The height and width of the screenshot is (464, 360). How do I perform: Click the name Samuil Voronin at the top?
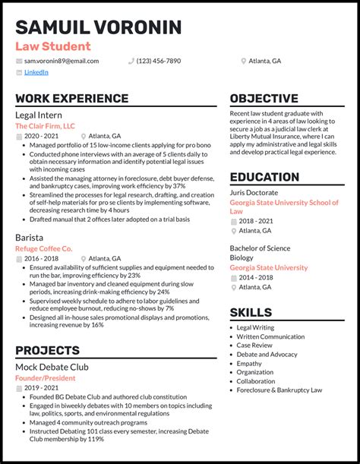click(98, 27)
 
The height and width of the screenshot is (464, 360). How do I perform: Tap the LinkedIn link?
click(36, 73)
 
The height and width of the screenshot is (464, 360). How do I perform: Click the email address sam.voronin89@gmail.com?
click(61, 61)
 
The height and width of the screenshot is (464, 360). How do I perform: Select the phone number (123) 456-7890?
click(159, 61)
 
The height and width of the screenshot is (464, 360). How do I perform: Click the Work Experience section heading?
click(71, 99)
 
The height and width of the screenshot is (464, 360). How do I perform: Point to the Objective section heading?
click(264, 99)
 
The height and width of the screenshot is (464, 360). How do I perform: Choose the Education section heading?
click(264, 177)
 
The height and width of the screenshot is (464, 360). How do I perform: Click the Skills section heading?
click(251, 312)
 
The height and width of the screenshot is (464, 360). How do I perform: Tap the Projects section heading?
click(47, 350)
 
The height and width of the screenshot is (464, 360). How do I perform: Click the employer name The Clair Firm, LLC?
click(45, 125)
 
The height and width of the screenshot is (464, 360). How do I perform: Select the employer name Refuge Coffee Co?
click(43, 248)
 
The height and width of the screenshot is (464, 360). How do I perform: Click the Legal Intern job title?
click(39, 114)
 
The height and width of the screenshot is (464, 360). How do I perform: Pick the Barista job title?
click(30, 237)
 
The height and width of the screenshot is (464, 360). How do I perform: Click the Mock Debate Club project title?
click(52, 366)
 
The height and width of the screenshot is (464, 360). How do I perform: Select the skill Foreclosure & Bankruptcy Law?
click(279, 390)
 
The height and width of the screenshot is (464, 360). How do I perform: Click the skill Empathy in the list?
click(251, 363)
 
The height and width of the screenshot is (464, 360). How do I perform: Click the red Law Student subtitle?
click(52, 46)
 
